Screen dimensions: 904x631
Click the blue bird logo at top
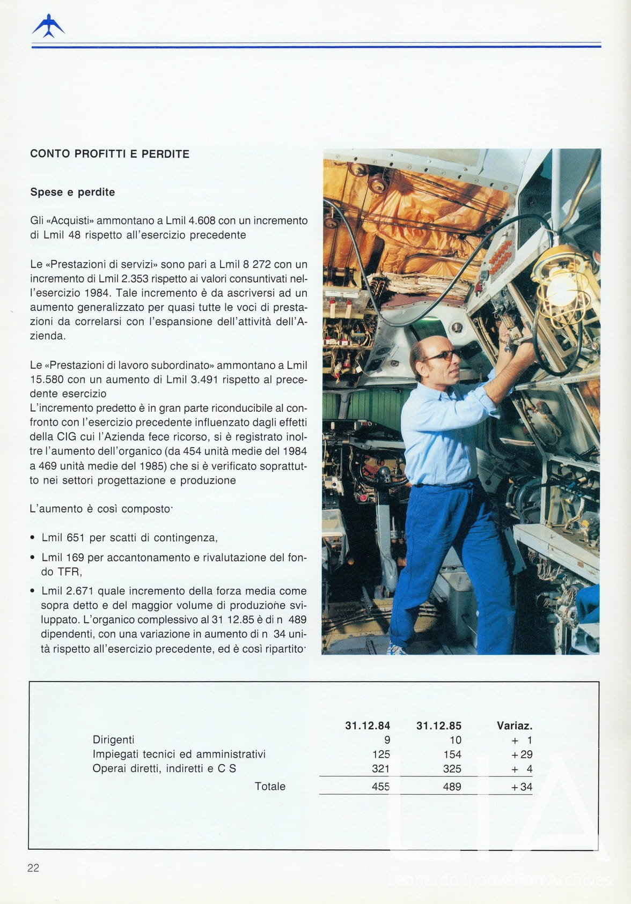click(48, 26)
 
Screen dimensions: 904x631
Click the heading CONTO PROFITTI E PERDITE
click(109, 154)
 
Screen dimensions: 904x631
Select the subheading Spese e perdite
click(72, 192)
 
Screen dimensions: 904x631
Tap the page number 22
click(33, 868)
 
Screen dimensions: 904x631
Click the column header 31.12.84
click(368, 725)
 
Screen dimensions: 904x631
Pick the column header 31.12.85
click(438, 725)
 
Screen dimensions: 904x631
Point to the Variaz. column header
click(514, 725)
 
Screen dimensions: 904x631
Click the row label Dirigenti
click(113, 740)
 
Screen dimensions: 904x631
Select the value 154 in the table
click(452, 754)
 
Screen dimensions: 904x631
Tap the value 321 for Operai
click(380, 769)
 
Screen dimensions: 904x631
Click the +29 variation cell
click(522, 754)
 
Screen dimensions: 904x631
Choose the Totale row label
click(269, 787)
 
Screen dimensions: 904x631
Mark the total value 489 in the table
click(452, 787)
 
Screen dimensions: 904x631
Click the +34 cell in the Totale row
click(522, 787)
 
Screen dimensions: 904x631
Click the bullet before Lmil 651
click(33, 538)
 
